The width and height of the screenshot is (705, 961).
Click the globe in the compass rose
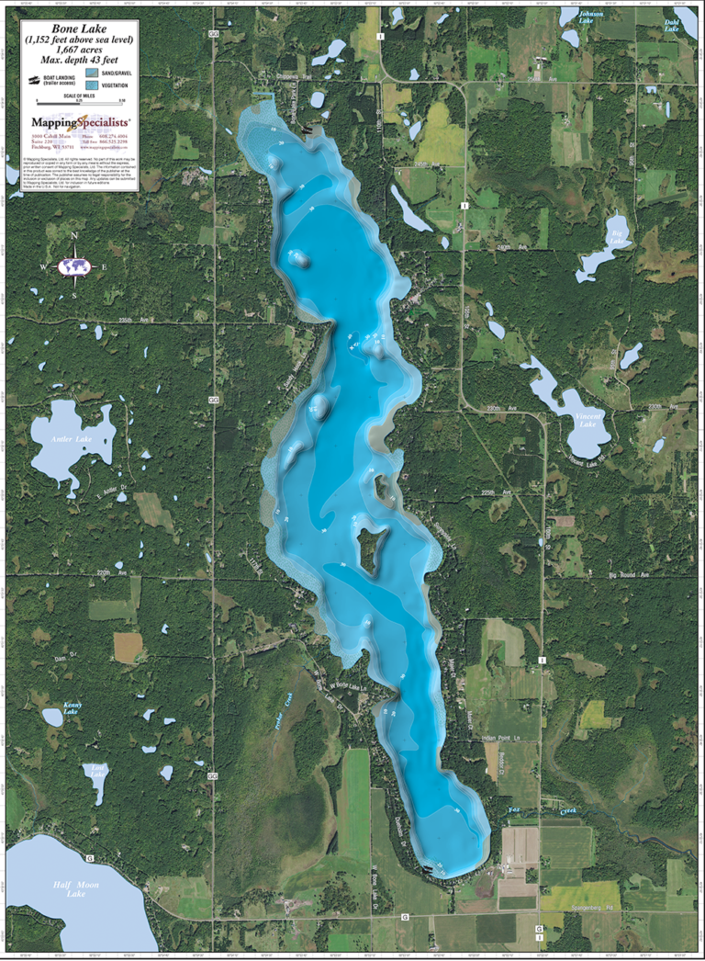click(74, 266)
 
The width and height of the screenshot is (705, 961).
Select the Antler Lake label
click(72, 439)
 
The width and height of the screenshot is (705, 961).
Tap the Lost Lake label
click(96, 771)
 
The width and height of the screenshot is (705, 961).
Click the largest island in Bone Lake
click(369, 548)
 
